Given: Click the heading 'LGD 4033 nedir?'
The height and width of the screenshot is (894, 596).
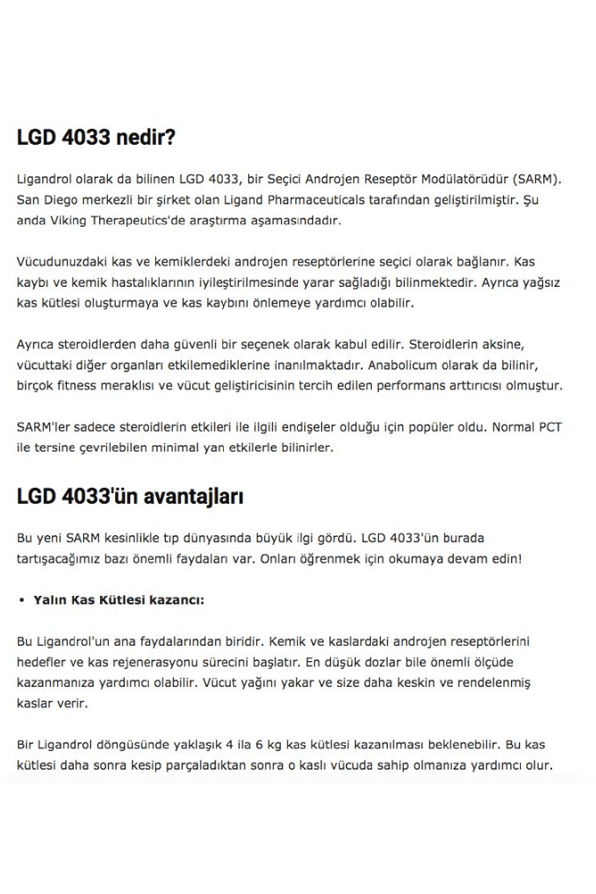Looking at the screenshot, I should coord(96,137).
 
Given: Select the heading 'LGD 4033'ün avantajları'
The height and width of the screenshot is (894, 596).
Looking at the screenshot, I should coord(130,496).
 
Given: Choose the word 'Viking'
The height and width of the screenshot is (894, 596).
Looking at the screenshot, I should coord(69,221).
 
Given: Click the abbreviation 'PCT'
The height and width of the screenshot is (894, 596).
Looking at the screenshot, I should coord(550,427).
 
